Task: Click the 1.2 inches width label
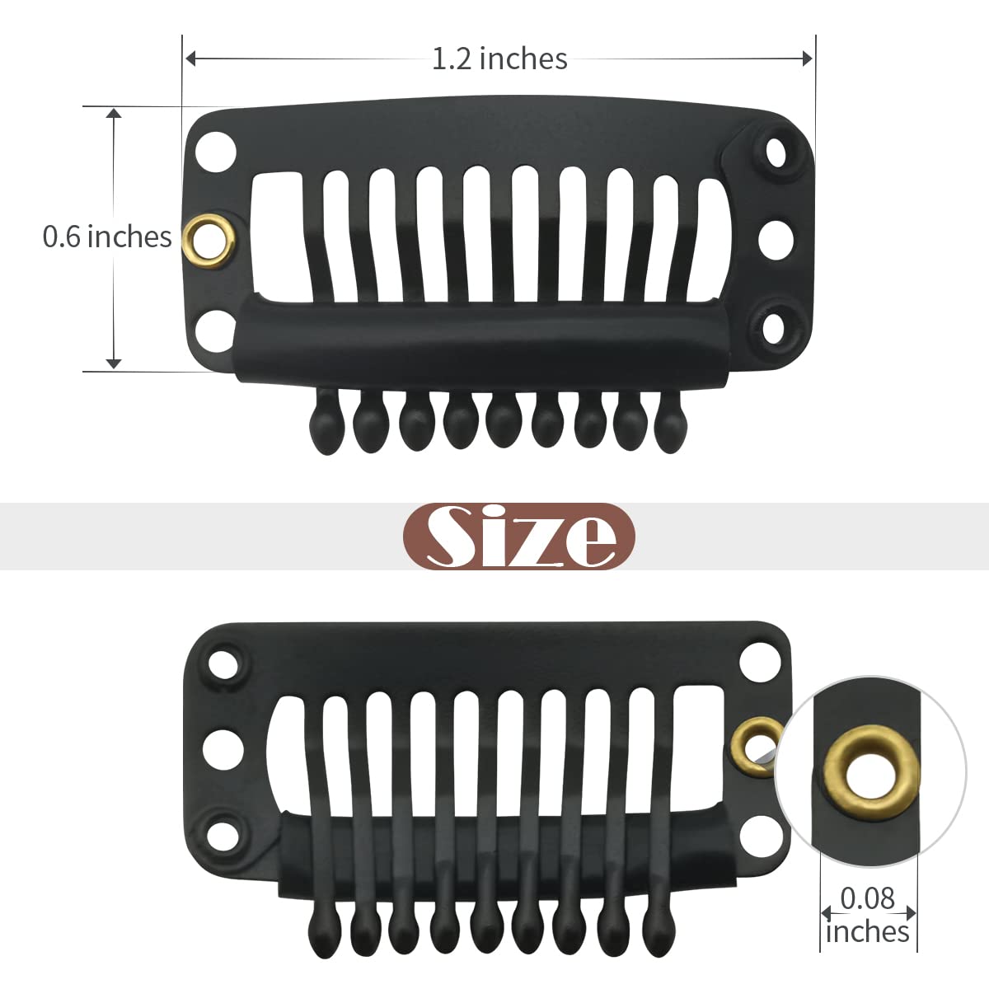(x=499, y=59)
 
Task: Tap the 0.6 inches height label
(x=107, y=237)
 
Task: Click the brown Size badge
(x=519, y=537)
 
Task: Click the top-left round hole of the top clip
(x=216, y=152)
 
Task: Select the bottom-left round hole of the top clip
(x=216, y=331)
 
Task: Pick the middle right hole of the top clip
(x=776, y=240)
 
